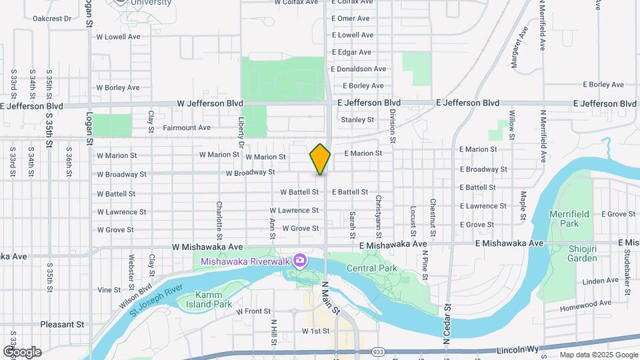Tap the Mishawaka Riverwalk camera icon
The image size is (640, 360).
[300, 260]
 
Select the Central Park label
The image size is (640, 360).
[372, 269]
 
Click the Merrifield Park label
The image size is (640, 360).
[564, 219]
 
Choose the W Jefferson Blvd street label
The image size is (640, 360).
[210, 103]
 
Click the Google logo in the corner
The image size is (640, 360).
[22, 352]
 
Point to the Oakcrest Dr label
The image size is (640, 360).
[51, 19]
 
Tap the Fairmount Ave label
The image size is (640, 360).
[187, 127]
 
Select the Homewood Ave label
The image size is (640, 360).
[586, 304]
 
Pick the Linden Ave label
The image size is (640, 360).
[582, 282]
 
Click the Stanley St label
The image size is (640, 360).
[357, 120]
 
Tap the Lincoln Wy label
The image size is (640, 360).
[517, 350]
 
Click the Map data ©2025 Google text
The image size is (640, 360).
[599, 355]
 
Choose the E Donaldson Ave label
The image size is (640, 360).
[359, 69]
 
